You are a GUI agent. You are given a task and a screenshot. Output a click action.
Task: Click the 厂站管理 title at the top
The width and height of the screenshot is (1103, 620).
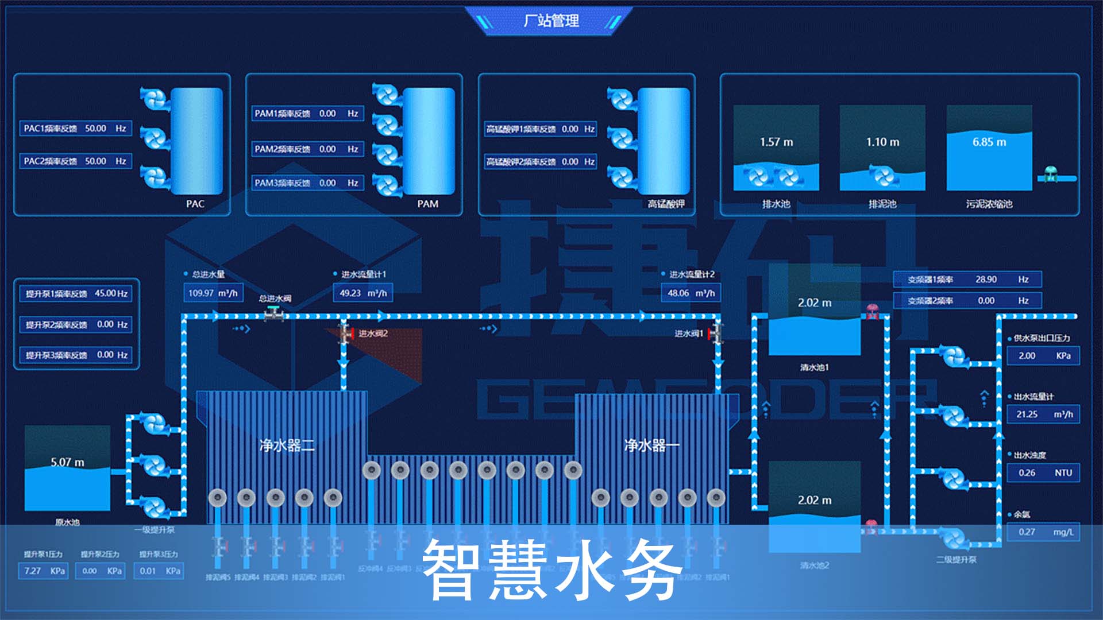pos(551,21)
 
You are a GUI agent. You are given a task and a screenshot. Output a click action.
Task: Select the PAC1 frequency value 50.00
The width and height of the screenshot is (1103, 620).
pos(95,129)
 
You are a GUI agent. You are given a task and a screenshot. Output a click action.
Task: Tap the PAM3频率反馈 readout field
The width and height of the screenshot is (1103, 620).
pos(307,183)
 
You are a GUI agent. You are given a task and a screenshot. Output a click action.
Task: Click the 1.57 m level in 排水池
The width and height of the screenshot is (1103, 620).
pos(776,142)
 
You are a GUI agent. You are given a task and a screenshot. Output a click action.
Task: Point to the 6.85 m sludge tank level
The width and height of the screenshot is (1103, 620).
pos(989,142)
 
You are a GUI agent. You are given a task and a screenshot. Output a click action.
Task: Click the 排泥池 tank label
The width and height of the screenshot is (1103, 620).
pos(882,204)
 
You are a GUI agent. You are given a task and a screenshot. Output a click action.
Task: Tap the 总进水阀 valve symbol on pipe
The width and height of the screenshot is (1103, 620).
pos(273,314)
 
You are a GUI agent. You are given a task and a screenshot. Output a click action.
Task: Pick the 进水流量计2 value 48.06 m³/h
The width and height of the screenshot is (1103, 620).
pos(691,293)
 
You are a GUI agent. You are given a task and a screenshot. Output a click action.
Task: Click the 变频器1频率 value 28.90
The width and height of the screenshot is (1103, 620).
pos(986,280)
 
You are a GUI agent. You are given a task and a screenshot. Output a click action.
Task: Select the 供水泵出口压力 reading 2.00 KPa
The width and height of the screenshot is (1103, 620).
pos(1043,356)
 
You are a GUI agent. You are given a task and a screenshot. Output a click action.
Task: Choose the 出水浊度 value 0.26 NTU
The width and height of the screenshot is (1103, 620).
pos(1043,473)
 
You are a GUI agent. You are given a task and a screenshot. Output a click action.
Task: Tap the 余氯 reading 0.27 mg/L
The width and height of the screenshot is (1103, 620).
pos(1043,532)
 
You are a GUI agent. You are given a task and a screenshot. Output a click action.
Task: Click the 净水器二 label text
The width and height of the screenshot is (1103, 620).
pos(287,445)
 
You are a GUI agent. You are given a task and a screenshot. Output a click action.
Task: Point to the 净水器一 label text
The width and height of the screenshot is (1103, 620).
pos(652,445)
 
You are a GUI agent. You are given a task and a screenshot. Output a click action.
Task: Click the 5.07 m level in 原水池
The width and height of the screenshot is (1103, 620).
pos(67,462)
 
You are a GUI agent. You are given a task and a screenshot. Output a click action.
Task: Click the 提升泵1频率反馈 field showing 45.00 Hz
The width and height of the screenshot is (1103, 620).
pos(76,294)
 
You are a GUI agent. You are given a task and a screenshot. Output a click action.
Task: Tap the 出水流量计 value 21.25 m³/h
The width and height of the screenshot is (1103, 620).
pos(1043,414)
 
